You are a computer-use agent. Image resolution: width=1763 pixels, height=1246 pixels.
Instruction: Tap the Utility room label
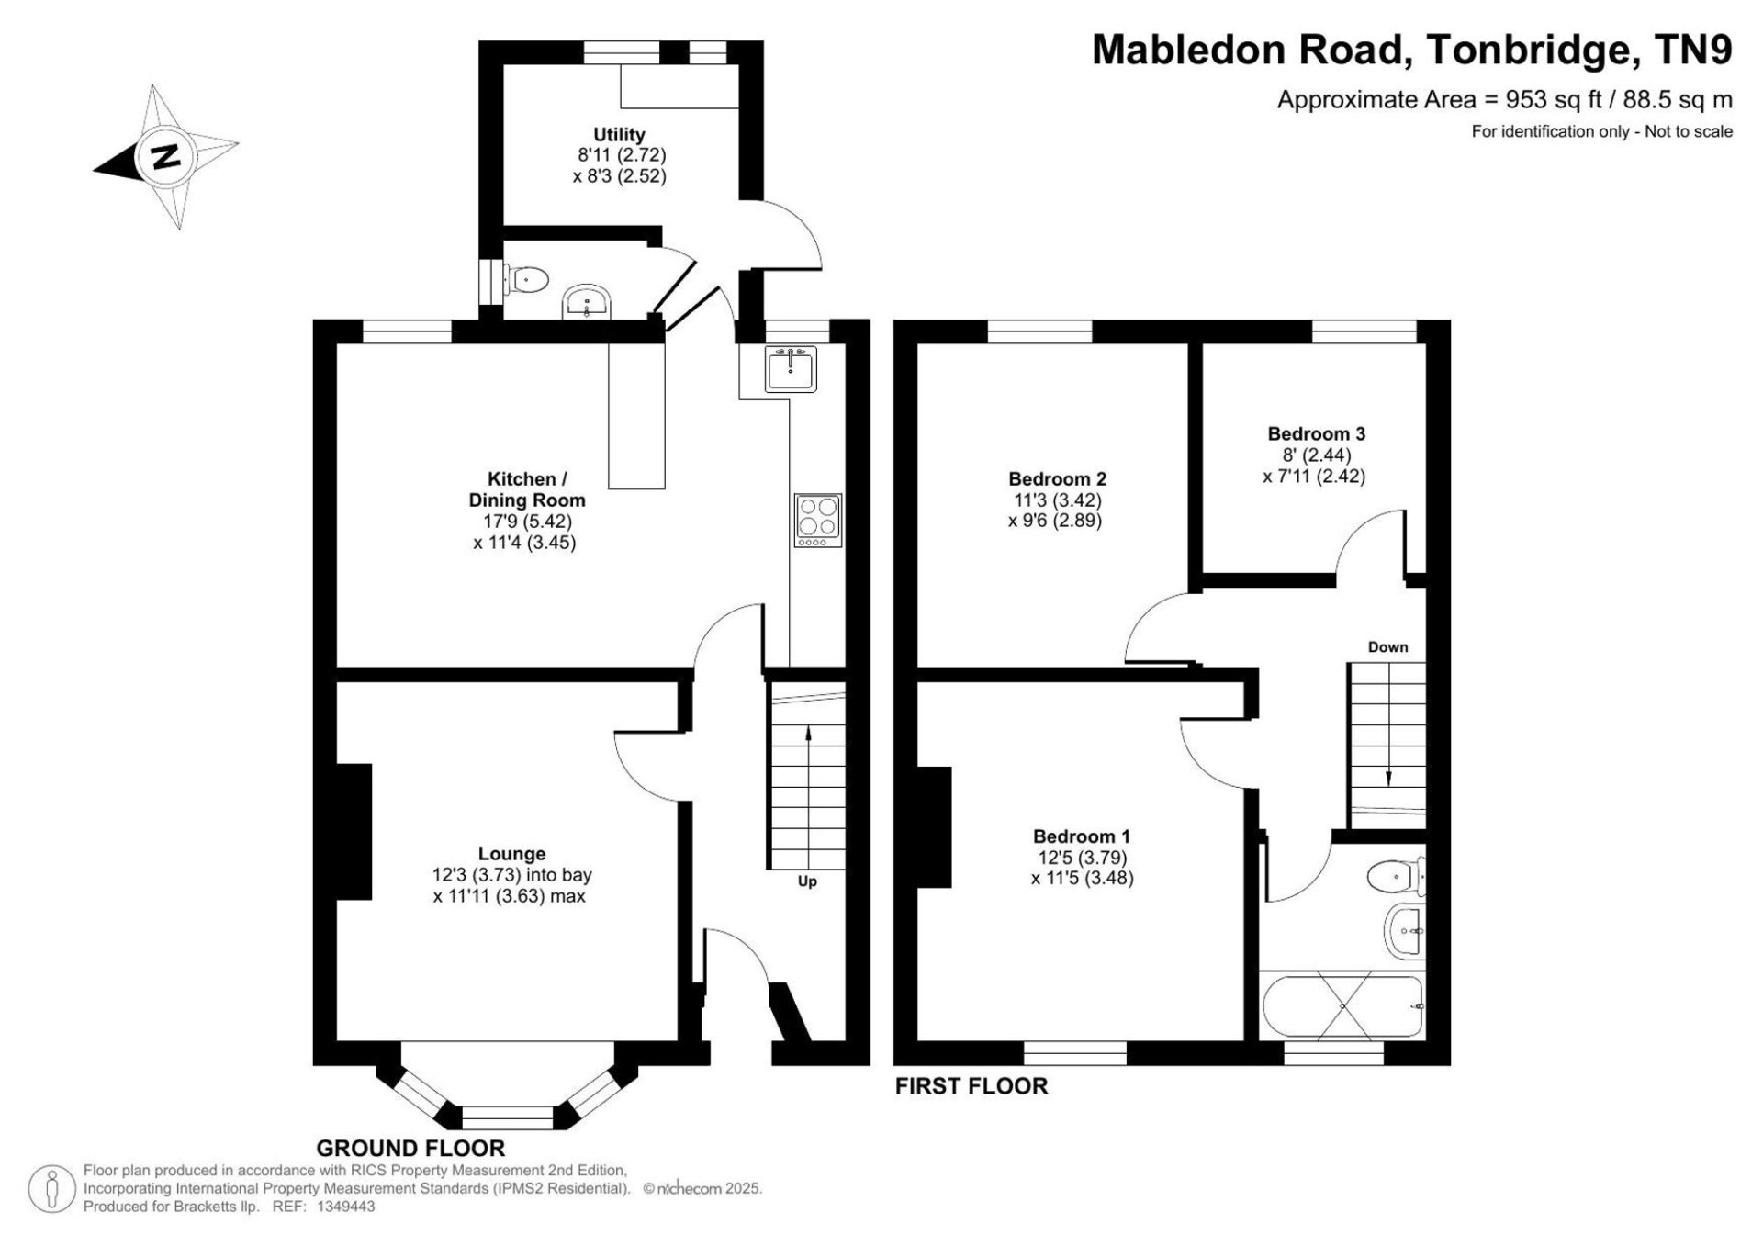[619, 135]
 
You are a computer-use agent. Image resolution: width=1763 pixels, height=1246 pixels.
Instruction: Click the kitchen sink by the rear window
[790, 368]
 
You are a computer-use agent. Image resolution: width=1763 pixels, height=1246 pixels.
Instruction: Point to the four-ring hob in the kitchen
[817, 521]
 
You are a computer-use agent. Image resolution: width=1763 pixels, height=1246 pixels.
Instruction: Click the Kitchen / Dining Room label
[527, 489]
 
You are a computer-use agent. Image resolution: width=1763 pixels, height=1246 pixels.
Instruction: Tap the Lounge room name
[511, 854]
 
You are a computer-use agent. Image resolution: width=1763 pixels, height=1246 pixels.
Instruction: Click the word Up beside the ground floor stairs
[807, 881]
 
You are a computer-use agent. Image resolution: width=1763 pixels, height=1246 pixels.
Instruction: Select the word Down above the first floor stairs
[1387, 646]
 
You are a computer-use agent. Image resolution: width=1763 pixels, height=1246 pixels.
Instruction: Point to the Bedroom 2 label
[1057, 478]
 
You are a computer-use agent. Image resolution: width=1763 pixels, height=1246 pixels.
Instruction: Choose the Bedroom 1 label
[1082, 836]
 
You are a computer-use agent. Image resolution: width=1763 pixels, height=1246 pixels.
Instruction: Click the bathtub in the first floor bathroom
[1342, 1006]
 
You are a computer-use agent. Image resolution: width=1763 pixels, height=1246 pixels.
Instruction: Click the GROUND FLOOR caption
[410, 1148]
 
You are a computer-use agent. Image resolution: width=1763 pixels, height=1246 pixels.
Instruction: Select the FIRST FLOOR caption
[971, 1086]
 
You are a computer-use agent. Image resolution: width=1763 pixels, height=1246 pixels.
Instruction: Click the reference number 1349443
[345, 1207]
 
